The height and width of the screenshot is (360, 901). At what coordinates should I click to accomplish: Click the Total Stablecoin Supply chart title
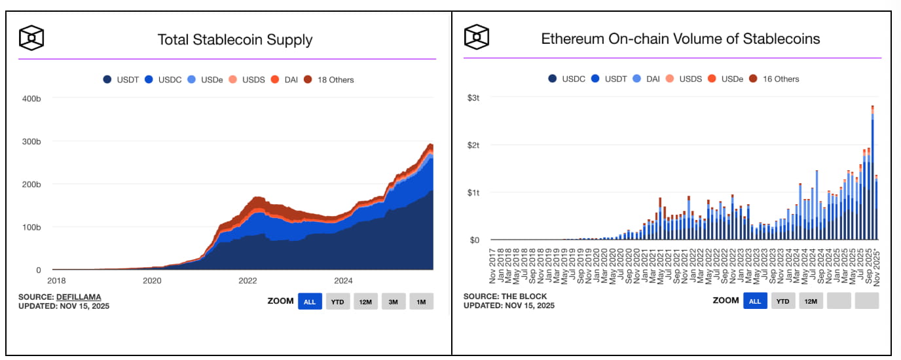pyautogui.click(x=235, y=39)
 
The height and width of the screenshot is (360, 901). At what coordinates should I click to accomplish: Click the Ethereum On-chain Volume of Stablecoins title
pyautogui.click(x=680, y=39)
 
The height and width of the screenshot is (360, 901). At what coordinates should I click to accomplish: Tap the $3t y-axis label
pyautogui.click(x=474, y=98)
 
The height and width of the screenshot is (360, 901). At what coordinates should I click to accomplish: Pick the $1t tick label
pyautogui.click(x=474, y=193)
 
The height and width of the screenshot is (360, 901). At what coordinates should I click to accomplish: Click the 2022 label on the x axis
pyautogui.click(x=248, y=281)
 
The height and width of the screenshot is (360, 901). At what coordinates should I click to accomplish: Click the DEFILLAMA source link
pyautogui.click(x=79, y=297)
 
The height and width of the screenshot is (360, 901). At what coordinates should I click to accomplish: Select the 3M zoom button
pyautogui.click(x=394, y=302)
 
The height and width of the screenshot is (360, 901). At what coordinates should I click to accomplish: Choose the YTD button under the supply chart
pyautogui.click(x=338, y=302)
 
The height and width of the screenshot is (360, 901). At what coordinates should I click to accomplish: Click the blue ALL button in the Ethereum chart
pyautogui.click(x=755, y=301)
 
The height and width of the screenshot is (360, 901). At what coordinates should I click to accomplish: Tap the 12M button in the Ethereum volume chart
pyautogui.click(x=811, y=301)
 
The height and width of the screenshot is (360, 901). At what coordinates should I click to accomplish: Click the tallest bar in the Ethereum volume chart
pyautogui.click(x=873, y=173)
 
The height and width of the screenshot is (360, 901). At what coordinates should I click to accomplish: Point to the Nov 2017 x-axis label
pyautogui.click(x=494, y=265)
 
